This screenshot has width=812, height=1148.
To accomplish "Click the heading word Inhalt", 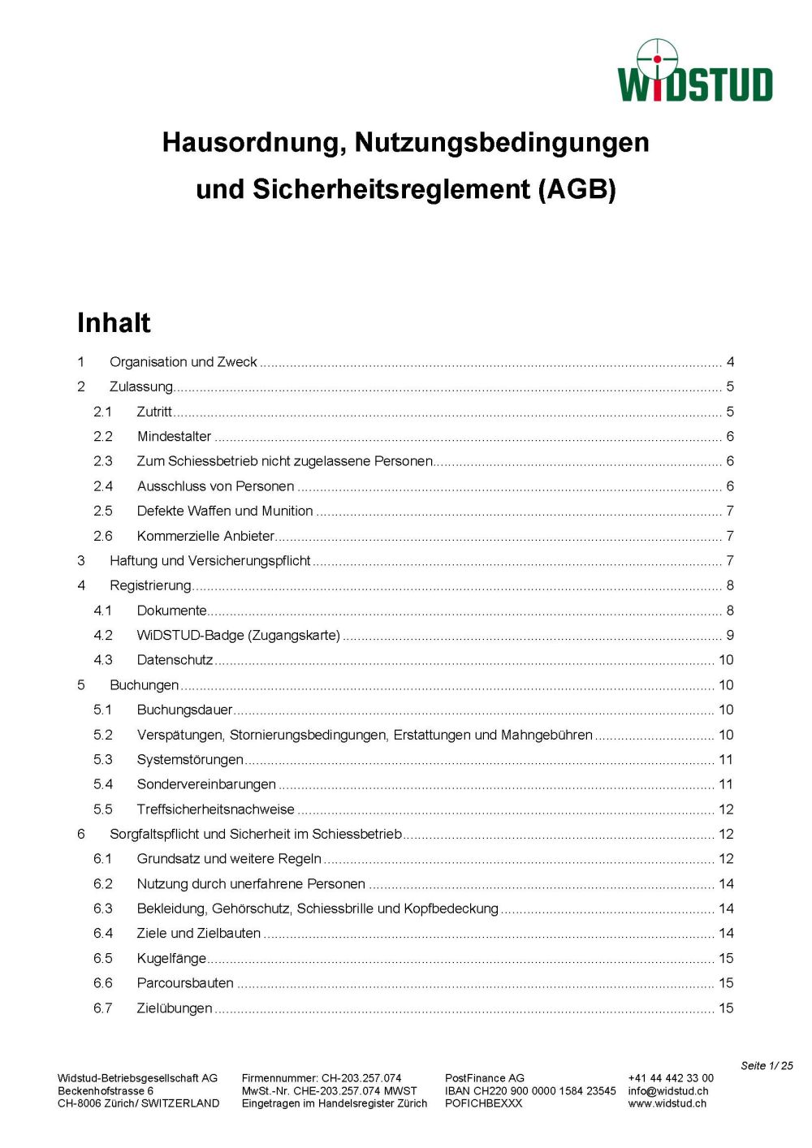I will coord(114,323).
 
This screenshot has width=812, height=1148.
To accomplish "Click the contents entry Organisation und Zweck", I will coord(184,362).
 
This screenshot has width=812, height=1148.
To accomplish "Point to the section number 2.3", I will coord(103,461).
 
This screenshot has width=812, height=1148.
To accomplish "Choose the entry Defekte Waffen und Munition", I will coord(225,511).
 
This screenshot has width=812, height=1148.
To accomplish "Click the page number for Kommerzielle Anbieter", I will coord(730,536).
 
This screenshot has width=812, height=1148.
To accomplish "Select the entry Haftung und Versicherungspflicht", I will coord(210,561).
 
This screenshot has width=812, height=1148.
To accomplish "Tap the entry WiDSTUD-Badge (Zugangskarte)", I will coord(239,635).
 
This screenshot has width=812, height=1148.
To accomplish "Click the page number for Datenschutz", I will coord(726,660).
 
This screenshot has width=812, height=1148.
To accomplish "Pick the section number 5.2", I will coord(103,735).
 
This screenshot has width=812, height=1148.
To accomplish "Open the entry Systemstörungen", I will coord(190,760).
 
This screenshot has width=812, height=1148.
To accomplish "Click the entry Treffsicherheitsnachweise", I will coord(216,809).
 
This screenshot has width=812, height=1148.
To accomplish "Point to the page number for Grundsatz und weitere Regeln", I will coord(726,859).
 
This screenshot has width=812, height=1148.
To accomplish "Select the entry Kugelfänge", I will coord(171,959).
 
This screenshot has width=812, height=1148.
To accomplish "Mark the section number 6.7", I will coord(103,1008).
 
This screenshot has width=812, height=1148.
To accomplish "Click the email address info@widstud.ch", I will coord(668,1091).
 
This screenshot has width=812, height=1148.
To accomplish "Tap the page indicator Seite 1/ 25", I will coord(767,1066).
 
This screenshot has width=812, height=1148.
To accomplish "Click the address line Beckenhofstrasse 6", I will coord(106,1091).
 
